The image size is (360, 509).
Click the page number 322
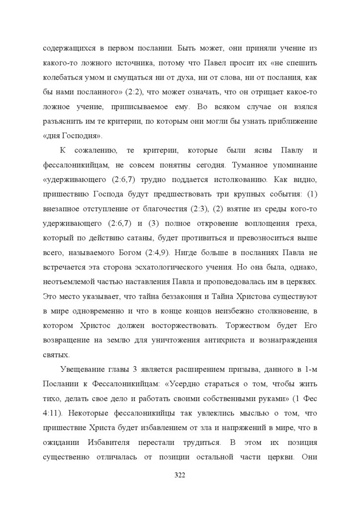click(180, 475)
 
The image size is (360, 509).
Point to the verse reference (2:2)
click(122, 92)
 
